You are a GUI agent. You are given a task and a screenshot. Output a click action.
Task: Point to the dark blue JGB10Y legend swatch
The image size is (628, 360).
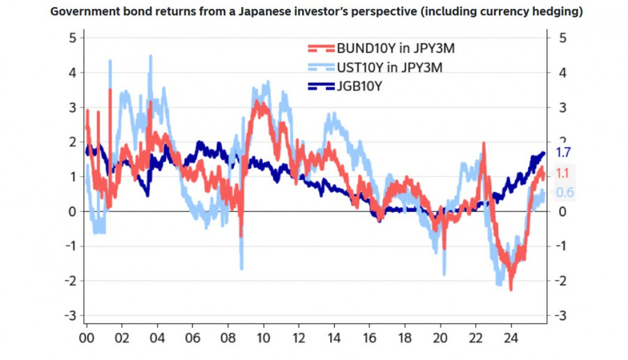(321, 86)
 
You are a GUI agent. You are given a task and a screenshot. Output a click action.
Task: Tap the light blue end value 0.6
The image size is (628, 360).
(564, 193)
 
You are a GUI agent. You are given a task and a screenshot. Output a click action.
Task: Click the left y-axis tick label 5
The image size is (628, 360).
(72, 38)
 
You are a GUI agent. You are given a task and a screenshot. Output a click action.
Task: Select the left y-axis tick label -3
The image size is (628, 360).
(69, 316)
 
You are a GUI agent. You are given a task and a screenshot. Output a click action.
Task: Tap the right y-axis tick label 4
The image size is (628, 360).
(562, 73)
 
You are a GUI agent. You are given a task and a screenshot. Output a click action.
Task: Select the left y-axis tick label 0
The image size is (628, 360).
(72, 211)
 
